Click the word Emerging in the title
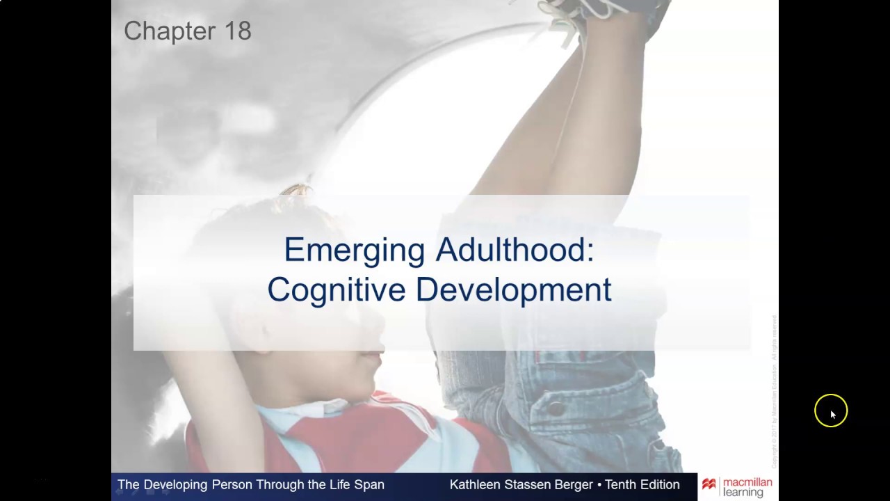[354, 250]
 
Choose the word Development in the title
[514, 289]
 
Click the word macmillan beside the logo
[747, 482]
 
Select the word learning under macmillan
[743, 493]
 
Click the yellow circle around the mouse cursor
[831, 411]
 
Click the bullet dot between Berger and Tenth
[599, 485]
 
